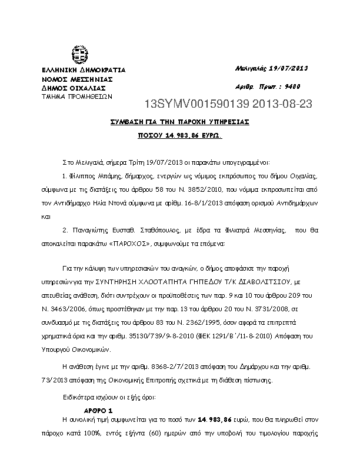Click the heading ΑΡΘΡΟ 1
tap(99, 409)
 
